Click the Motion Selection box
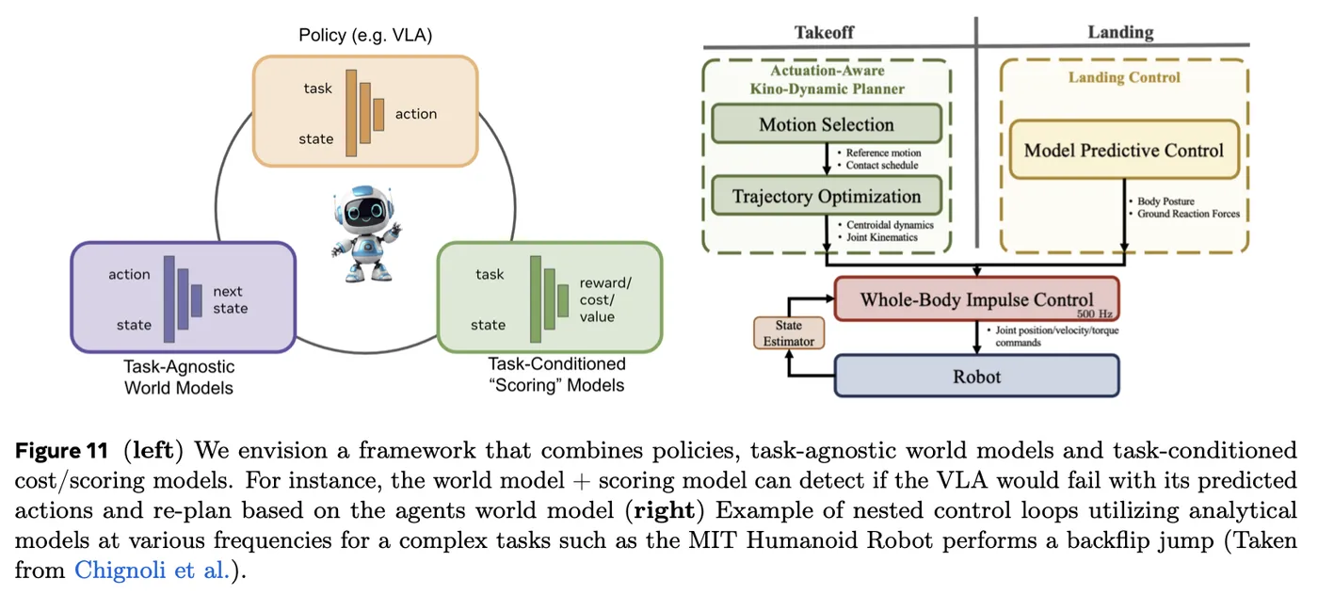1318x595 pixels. click(x=827, y=123)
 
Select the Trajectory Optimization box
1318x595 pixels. click(x=827, y=196)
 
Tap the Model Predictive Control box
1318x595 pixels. click(x=1124, y=150)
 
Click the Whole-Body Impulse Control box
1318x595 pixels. click(x=977, y=299)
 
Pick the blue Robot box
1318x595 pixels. click(x=977, y=376)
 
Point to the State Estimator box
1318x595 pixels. click(x=789, y=333)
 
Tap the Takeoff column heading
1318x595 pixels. click(x=824, y=32)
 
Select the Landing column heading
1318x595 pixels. click(x=1120, y=32)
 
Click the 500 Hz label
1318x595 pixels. click(x=1094, y=314)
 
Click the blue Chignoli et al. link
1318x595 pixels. click(x=152, y=570)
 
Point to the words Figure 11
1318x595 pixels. click(x=62, y=450)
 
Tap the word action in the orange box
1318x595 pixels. click(x=416, y=114)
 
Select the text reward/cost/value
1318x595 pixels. click(x=605, y=299)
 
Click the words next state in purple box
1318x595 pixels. click(x=230, y=299)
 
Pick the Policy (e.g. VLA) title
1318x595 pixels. click(x=365, y=36)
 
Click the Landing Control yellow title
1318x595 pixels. click(x=1124, y=77)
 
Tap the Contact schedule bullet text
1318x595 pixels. click(x=881, y=166)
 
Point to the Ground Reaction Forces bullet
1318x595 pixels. click(x=1187, y=214)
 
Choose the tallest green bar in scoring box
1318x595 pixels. click(x=536, y=299)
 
